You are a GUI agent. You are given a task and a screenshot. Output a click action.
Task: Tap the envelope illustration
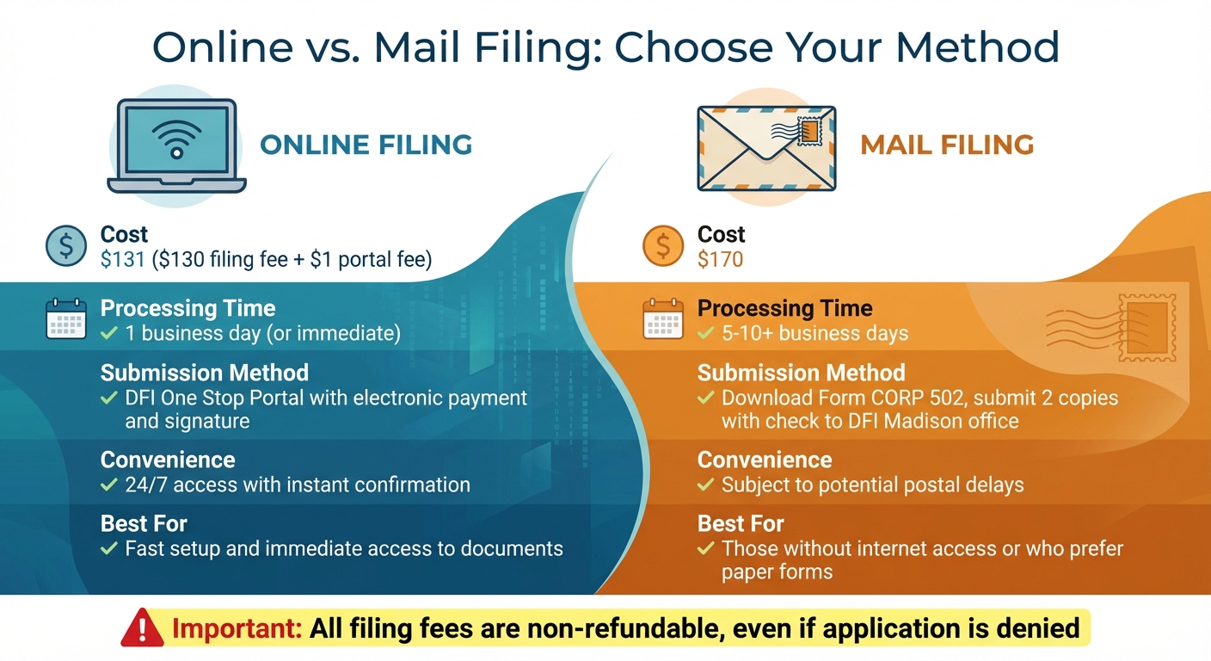click(x=765, y=147)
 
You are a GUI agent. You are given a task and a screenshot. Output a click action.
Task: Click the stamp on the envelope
click(x=809, y=131)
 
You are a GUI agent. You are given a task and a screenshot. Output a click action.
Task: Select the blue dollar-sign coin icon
click(x=66, y=246)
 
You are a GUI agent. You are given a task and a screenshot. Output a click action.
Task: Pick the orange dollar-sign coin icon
click(x=663, y=246)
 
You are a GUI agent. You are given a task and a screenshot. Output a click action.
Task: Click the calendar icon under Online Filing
click(x=66, y=318)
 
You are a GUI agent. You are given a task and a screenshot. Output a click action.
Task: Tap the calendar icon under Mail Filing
click(x=663, y=318)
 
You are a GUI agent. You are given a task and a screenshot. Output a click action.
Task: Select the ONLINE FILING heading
click(x=366, y=145)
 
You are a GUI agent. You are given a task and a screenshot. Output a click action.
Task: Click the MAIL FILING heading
click(x=947, y=145)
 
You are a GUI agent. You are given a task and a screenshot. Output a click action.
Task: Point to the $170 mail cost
click(x=720, y=259)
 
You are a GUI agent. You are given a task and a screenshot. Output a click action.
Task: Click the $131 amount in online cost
click(x=123, y=259)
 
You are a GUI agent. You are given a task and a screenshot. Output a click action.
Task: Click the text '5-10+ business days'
click(x=815, y=333)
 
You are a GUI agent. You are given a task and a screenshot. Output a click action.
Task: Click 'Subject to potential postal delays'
click(x=872, y=485)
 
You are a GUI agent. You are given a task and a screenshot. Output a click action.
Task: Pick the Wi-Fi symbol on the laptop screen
click(x=176, y=138)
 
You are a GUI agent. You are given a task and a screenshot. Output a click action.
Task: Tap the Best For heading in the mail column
click(x=741, y=523)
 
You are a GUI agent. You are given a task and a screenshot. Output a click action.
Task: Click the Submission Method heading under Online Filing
click(x=205, y=373)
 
